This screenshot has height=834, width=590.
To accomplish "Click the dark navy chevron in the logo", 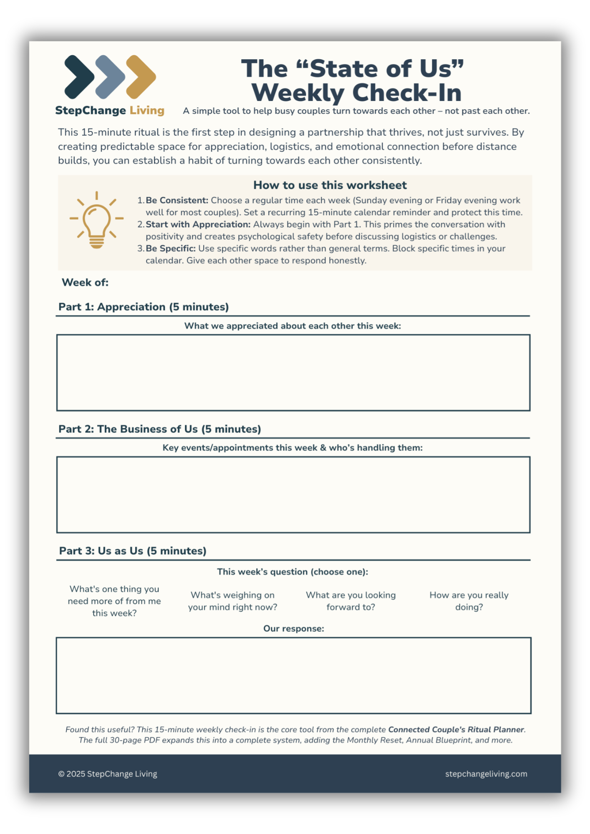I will click(79, 77).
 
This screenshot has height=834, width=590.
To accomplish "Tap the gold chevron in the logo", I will click(141, 77).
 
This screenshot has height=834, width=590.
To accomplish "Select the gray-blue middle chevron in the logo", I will click(110, 77).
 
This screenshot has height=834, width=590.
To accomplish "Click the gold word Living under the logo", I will click(147, 111).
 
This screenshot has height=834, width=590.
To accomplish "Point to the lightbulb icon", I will click(96, 221).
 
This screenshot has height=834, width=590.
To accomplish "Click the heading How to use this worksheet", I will click(330, 185).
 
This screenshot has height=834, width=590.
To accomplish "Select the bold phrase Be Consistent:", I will click(177, 201).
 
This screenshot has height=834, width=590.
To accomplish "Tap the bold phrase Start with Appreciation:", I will click(198, 224).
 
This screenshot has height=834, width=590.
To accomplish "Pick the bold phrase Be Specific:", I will click(171, 249).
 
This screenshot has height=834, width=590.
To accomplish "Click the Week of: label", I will click(85, 282).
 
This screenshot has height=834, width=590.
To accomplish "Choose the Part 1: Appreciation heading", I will click(144, 307).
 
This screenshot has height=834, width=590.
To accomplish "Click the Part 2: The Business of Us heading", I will click(160, 429).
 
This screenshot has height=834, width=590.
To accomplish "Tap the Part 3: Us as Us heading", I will click(133, 551).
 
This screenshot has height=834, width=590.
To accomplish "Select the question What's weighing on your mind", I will click(232, 601).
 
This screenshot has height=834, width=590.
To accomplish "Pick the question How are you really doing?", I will click(469, 601).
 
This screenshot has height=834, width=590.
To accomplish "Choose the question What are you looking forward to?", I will click(350, 601).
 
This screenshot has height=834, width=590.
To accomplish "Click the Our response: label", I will click(294, 628).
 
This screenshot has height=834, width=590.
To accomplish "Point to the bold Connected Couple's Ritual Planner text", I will click(456, 729).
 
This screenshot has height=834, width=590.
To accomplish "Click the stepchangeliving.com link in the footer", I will click(486, 774).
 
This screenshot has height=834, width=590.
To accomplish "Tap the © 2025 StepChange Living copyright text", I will click(108, 774).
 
